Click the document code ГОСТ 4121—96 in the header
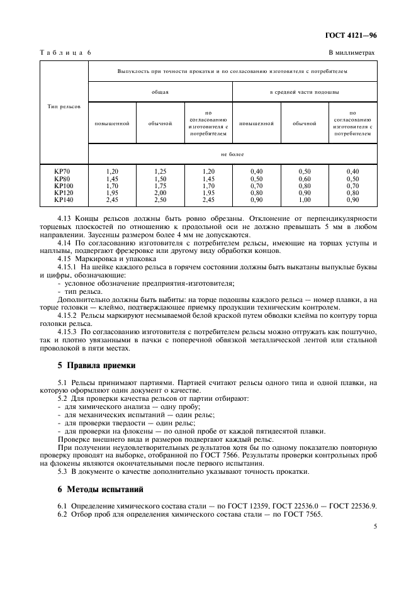[351, 36]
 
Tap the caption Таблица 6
[65, 53]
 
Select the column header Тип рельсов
[64, 106]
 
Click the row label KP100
[64, 186]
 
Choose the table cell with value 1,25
[160, 171]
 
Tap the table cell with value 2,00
[160, 193]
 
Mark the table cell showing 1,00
[305, 199]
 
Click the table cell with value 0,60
[305, 179]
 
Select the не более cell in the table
[232, 154]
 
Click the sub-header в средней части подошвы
[305, 92]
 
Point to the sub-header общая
[160, 92]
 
